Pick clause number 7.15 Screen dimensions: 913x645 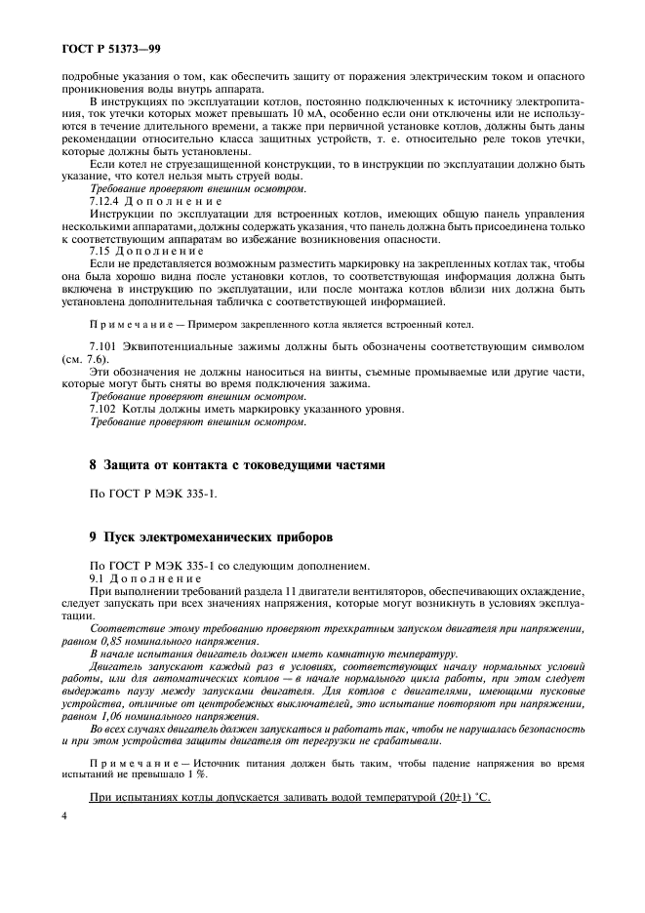(100, 251)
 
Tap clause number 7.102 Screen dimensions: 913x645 (103, 410)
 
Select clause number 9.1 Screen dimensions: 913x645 (98, 579)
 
